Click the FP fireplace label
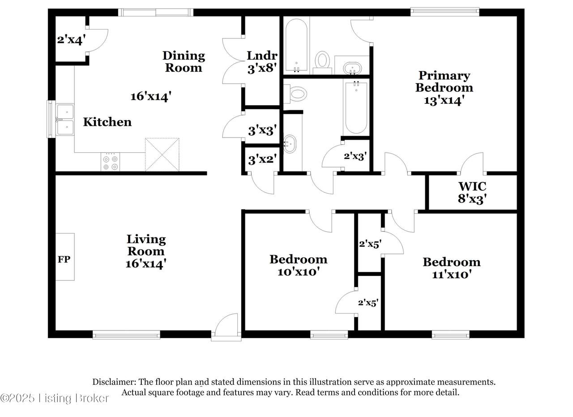[64, 259]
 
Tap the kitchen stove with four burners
[110, 162]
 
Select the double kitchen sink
[65, 119]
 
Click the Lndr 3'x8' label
[262, 62]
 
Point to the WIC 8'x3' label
[472, 193]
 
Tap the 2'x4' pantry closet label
[71, 40]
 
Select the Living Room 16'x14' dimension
[146, 263]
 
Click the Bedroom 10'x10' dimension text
[299, 272]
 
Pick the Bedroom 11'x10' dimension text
[452, 275]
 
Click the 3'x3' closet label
[262, 130]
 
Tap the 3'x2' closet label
[262, 160]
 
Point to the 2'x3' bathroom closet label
[355, 156]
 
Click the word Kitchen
[107, 122]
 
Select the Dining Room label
[184, 62]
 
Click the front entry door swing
[226, 325]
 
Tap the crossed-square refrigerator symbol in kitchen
[162, 155]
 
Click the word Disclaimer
[114, 382]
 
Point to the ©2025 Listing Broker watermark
[55, 398]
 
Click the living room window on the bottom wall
[126, 335]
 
